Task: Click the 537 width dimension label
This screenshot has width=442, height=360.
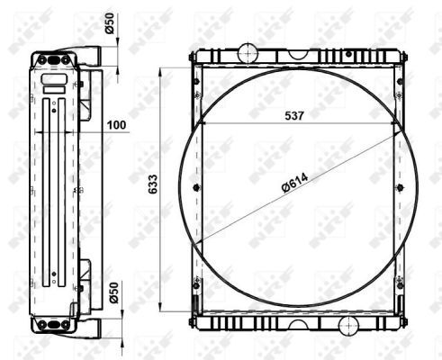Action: coord(294,115)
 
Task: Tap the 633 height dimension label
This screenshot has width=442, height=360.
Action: coord(153,184)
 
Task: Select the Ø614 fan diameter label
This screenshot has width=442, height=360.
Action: coord(295,183)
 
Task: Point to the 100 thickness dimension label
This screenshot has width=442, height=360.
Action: coord(117,125)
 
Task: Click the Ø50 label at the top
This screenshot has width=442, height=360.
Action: coord(110,23)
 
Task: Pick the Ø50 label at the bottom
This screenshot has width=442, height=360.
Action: coord(114,292)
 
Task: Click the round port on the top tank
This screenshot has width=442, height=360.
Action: coord(248,53)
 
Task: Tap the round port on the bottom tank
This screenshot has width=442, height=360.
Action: coord(348,326)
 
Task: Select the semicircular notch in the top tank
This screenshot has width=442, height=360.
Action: coord(298,54)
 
